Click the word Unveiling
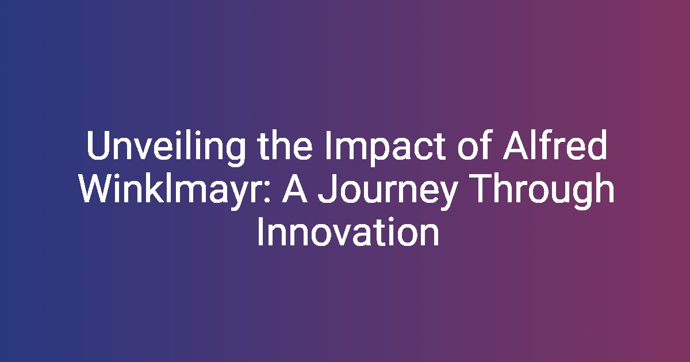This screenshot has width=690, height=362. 166,148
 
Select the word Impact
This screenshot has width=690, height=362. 385,148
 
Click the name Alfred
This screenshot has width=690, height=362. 555,145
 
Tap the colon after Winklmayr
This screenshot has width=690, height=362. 267,192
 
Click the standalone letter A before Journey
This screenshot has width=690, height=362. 295,188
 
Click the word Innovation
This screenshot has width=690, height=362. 348,232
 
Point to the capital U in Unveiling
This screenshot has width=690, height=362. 98,145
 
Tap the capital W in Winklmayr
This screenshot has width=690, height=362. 97,188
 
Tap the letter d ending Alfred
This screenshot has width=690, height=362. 597,145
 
